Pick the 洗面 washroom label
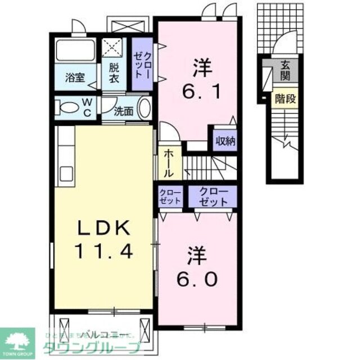pos(124,111)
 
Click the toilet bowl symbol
pos(67,107)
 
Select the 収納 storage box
pos(224,141)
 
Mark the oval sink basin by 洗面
pos(145,107)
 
